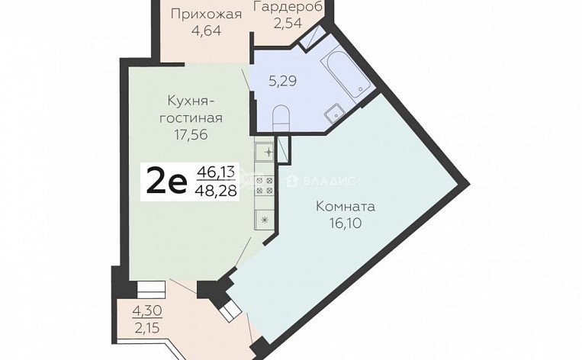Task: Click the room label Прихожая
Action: pos(207,14)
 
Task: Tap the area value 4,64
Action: pos(207,31)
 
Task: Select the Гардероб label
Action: pos(288,7)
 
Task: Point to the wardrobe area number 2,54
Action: pos(288,23)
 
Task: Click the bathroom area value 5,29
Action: pos(282,81)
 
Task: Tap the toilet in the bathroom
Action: pos(281,117)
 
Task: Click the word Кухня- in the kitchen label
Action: pos(191,101)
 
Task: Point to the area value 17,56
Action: pos(191,135)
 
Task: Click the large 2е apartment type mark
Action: pos(166,180)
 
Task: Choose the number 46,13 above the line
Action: pos(216,172)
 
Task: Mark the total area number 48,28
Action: pos(216,191)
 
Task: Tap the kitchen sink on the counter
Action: pos(265,153)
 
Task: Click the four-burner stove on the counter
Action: pos(265,186)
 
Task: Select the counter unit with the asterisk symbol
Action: pos(265,220)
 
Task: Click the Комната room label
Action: pos(346,207)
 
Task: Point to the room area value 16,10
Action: pos(346,223)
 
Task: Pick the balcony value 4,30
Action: pos(147,310)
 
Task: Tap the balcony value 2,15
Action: pos(147,328)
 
